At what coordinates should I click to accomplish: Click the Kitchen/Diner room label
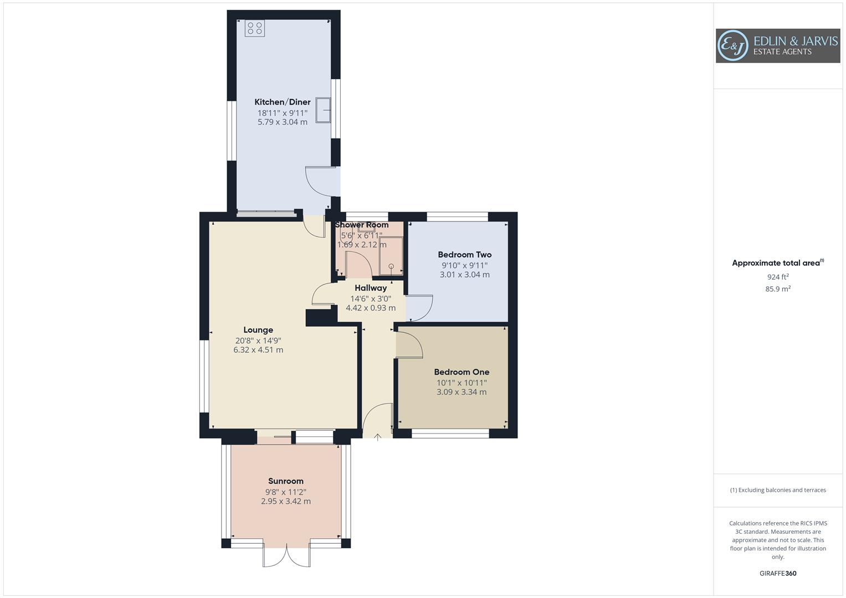(282, 102)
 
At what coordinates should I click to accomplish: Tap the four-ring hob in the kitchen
(255, 28)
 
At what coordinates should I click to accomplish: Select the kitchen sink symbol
(323, 110)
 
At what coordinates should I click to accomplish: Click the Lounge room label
(258, 330)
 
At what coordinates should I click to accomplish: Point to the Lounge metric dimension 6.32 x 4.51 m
(258, 350)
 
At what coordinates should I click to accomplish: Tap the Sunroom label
(286, 481)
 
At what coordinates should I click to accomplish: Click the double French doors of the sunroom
(286, 556)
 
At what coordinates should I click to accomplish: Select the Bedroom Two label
(464, 255)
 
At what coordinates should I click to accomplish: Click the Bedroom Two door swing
(419, 309)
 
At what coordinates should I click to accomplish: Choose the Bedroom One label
(462, 372)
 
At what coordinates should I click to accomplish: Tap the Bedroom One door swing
(409, 344)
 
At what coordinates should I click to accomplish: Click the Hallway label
(371, 288)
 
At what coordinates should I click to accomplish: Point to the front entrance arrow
(378, 437)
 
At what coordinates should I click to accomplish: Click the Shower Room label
(362, 225)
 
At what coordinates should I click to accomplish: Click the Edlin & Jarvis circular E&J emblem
(732, 45)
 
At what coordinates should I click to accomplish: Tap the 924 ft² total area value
(778, 277)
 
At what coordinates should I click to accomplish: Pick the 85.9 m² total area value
(778, 289)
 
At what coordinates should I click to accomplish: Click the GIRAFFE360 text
(778, 574)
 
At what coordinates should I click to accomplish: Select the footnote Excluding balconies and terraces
(778, 490)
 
